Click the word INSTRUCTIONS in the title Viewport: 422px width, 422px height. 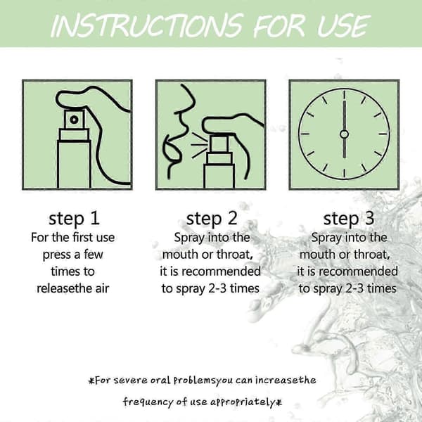[147, 25]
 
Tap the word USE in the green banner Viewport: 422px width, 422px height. [344, 25]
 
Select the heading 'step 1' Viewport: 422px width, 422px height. [75, 219]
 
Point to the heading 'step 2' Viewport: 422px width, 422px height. [212, 219]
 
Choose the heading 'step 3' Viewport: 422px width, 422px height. [349, 219]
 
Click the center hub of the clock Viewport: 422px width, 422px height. [344, 134]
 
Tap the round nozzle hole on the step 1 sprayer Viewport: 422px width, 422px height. [75, 120]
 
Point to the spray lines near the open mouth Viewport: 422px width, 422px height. [199, 145]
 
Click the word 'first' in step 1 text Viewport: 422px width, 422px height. [82, 238]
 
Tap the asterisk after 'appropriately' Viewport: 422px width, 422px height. [279, 402]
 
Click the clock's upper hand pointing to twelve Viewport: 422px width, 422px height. [344, 115]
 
